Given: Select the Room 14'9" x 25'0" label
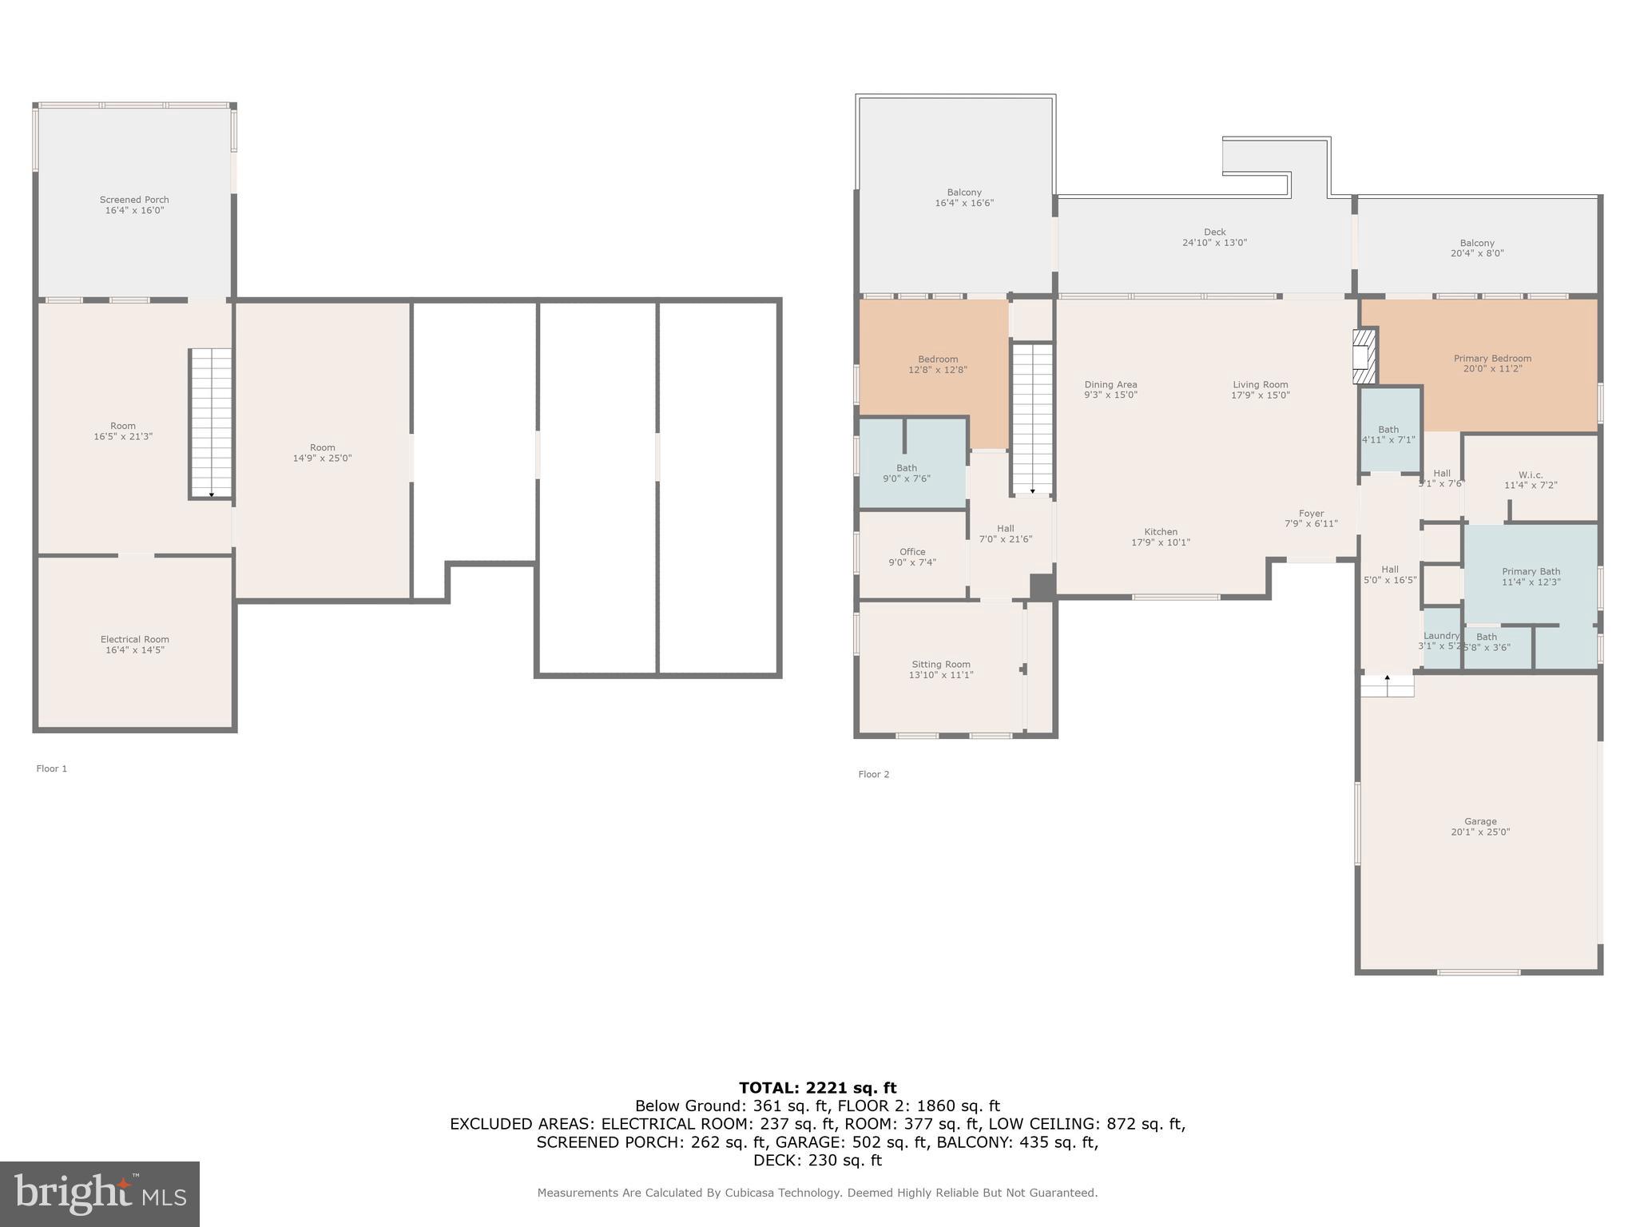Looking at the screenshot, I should pos(322,453).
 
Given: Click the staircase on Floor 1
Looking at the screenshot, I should pos(211,423).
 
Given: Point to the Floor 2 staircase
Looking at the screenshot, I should pos(1032,418).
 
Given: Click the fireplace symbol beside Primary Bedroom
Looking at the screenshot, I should pos(1365,355).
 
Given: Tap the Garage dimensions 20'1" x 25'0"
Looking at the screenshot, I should pos(1480,832).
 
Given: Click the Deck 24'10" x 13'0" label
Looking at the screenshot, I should pos(1214,237).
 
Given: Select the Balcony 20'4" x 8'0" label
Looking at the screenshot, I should pos(1477,248).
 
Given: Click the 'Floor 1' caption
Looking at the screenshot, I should pos(52,768).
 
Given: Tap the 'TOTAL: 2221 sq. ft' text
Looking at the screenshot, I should pos(817,1087).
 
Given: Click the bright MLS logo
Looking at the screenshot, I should pos(100,1193).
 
